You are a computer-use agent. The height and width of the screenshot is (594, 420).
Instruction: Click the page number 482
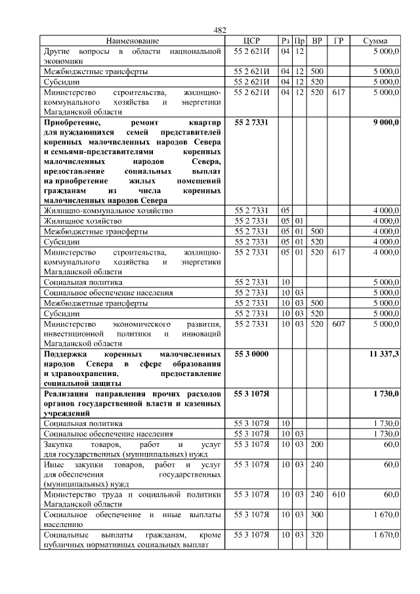tap(220, 30)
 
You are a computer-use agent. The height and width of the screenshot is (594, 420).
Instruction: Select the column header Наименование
tap(132, 41)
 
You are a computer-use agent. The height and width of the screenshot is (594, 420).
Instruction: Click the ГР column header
tap(338, 41)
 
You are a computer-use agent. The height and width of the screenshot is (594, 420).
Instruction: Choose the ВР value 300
tap(317, 515)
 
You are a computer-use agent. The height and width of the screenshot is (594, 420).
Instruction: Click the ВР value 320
tap(317, 536)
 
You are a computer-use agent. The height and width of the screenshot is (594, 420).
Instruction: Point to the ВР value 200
tap(317, 445)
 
